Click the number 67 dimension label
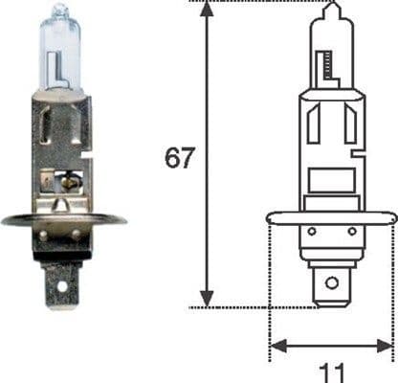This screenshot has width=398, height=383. pos(179,157)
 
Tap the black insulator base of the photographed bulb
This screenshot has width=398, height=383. pos(62,244)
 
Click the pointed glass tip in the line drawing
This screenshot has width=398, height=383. pos(332,10)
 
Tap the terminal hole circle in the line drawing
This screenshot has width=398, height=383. pos(332,283)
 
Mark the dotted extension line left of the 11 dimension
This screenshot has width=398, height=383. pos(271,287)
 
